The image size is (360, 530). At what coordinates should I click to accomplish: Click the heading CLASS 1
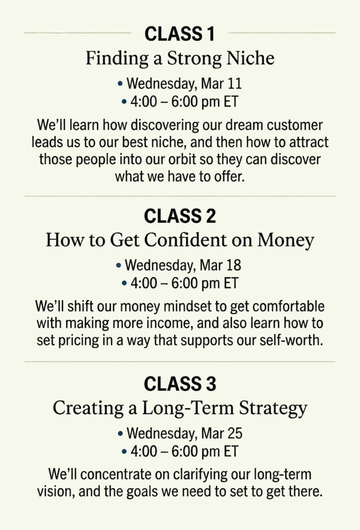180,34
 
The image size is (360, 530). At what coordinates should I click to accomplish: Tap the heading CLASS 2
180,216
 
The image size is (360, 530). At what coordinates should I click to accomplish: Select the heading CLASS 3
180,384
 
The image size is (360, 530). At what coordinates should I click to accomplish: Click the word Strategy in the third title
273,409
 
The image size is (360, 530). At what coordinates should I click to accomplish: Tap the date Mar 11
222,84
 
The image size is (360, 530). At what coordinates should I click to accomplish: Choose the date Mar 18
220,265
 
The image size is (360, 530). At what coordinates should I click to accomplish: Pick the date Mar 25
222,433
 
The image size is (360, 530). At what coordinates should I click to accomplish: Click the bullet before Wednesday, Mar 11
120,83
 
